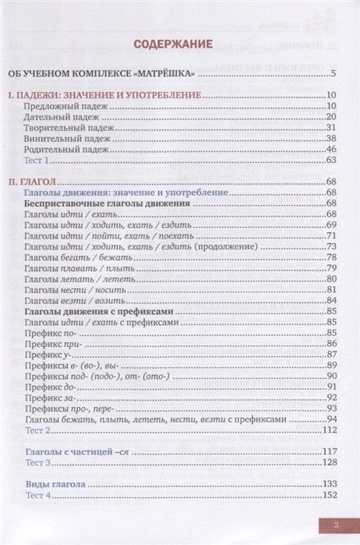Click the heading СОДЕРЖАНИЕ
(180, 45)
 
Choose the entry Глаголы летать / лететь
(77, 278)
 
